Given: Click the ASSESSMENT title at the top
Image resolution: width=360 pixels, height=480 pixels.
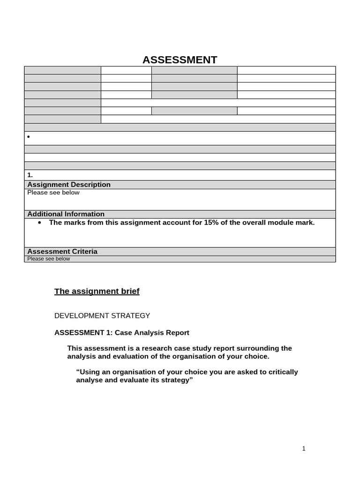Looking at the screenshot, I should pyautogui.click(x=180, y=60).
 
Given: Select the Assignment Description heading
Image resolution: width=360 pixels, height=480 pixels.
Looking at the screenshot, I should pyautogui.click(x=69, y=185).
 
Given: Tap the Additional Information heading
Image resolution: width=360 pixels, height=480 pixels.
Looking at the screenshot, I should pyautogui.click(x=66, y=214).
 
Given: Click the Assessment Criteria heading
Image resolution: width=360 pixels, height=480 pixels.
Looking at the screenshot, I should pyautogui.click(x=62, y=252).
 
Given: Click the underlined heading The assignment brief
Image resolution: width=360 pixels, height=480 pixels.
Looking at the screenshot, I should pyautogui.click(x=97, y=292).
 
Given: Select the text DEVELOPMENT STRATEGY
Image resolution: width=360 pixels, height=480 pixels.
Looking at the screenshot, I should pyautogui.click(x=102, y=316).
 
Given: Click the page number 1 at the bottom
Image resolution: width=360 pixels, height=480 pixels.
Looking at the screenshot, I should pyautogui.click(x=304, y=449).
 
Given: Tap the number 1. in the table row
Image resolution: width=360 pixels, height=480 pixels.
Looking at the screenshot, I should pyautogui.click(x=30, y=175).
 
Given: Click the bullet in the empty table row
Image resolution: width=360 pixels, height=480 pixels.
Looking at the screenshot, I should pyautogui.click(x=29, y=137).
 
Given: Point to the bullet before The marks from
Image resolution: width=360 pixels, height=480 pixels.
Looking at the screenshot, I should pyautogui.click(x=39, y=223).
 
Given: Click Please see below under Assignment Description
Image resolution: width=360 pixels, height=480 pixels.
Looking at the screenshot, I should pyautogui.click(x=53, y=193).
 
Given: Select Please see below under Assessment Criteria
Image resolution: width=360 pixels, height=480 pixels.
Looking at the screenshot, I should pyautogui.click(x=48, y=259).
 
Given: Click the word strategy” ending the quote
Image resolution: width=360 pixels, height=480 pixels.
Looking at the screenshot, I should pyautogui.click(x=177, y=380).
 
